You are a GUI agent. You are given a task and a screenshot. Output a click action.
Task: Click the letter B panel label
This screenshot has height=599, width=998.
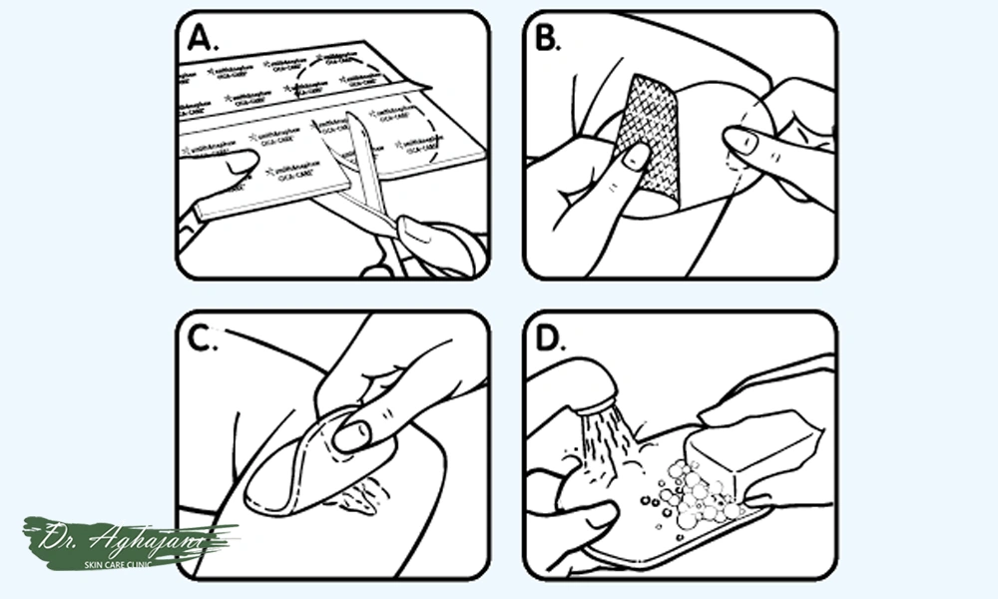click(x=548, y=39)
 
